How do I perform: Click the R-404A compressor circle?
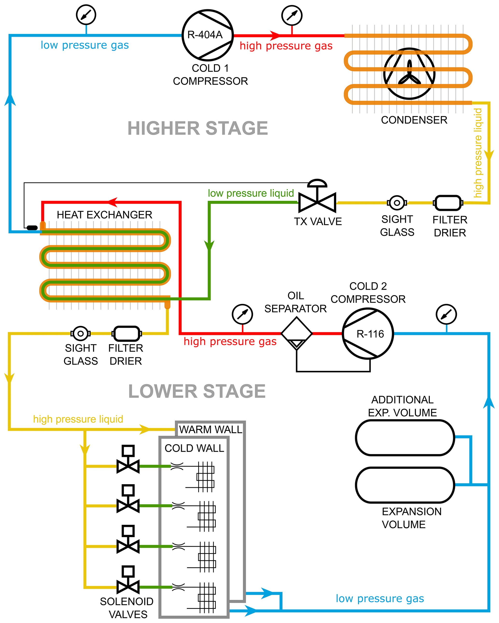click(207, 35)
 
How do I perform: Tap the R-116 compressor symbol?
click(367, 333)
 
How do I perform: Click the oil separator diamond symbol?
click(297, 333)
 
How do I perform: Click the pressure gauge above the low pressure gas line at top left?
click(86, 14)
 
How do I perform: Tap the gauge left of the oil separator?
click(242, 314)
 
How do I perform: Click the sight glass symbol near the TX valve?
click(397, 203)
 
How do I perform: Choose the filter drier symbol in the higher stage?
click(448, 203)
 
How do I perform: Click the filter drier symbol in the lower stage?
click(127, 333)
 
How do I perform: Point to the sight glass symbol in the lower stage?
click(80, 333)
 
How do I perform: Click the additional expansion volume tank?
click(405, 437)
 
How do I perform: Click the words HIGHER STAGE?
click(198, 128)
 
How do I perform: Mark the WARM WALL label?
click(211, 429)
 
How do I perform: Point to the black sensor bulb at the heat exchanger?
click(32, 228)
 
